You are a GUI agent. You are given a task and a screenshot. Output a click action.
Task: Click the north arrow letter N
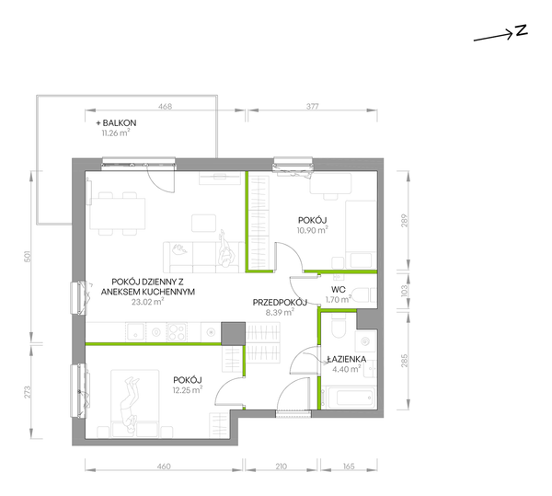click(522, 30)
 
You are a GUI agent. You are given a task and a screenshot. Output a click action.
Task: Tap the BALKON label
click(120, 123)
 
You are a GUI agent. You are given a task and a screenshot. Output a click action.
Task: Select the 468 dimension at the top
click(165, 107)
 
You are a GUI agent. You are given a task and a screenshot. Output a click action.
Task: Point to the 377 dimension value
click(312, 107)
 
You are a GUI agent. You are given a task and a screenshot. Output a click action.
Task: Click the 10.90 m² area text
click(313, 230)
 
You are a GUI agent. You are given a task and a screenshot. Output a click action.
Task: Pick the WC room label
click(339, 290)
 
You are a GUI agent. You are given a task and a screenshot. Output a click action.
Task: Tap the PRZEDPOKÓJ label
click(280, 303)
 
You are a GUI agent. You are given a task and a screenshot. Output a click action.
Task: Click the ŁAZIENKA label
click(347, 360)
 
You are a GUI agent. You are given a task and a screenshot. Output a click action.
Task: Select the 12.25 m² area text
click(188, 389)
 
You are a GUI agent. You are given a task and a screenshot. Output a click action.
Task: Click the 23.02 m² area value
click(148, 302)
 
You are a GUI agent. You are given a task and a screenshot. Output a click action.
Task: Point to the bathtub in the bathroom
click(351, 398)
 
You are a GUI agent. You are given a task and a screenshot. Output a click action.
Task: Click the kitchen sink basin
click(135, 331)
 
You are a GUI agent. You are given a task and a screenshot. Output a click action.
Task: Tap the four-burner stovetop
click(177, 331)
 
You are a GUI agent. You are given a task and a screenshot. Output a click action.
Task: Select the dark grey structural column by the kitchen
click(233, 333)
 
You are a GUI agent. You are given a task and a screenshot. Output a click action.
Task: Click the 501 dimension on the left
click(28, 256)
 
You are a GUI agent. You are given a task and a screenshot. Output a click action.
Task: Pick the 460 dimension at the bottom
click(164, 467)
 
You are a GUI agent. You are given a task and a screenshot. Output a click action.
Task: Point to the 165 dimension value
click(349, 467)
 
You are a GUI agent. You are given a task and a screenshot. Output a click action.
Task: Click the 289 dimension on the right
click(404, 221)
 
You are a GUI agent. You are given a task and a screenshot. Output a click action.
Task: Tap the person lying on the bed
click(128, 405)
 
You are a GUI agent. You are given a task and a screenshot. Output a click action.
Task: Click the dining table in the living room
click(118, 213)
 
